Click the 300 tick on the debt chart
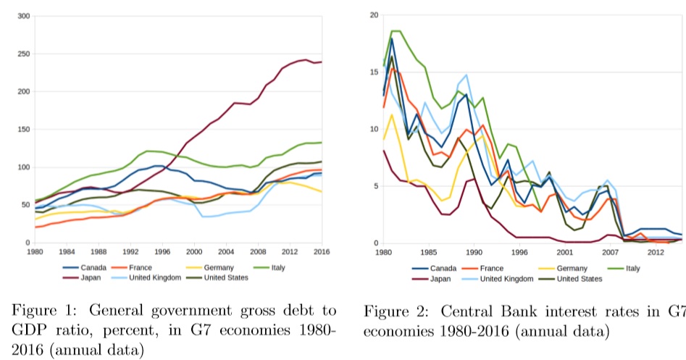[23, 16]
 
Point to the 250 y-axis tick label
[23, 54]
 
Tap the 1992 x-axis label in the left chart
[130, 251]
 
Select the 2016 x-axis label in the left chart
[321, 251]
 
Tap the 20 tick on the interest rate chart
[374, 15]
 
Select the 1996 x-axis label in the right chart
[519, 252]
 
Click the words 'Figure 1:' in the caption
[41, 311]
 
